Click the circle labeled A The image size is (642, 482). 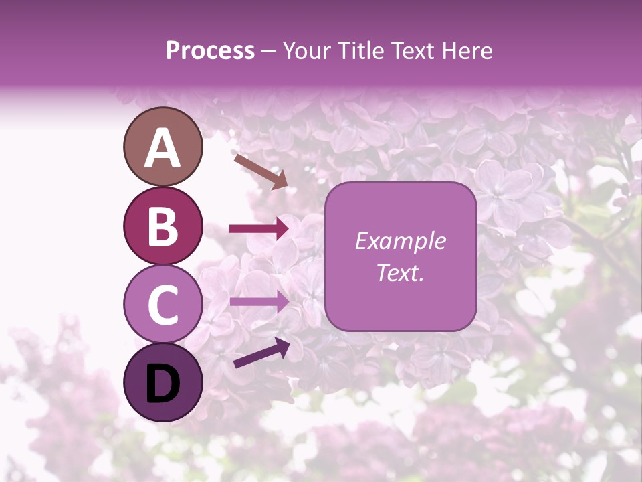point(163,147)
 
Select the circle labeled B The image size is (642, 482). point(163,226)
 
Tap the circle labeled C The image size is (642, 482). point(163,304)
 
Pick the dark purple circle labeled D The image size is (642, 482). point(163,382)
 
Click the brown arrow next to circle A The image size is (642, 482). point(260,171)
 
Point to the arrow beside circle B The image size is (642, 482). point(259,229)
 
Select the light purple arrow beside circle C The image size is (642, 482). point(259,301)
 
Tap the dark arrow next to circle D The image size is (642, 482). point(261,353)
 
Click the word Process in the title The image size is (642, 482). point(210,50)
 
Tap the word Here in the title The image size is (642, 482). point(467,50)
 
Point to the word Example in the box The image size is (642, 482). point(400,241)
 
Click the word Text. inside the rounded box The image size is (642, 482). point(400,273)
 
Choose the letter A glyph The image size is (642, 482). point(163,147)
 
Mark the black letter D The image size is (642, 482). point(163,383)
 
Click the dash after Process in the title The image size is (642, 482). point(268,52)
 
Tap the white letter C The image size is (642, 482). point(163,305)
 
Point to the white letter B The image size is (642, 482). point(163,226)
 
